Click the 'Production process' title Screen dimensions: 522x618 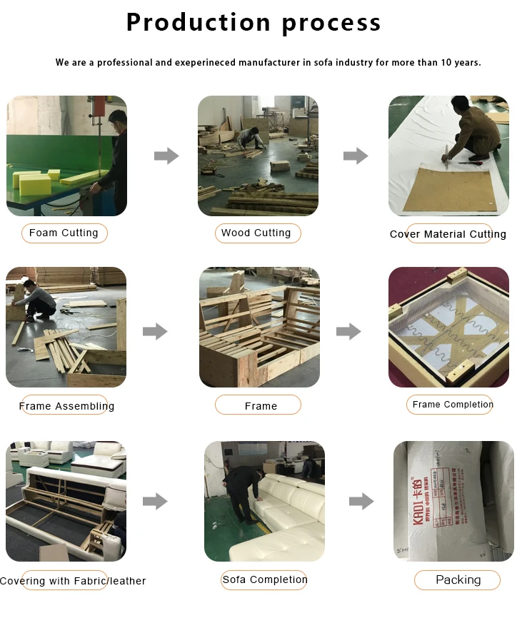[254, 22]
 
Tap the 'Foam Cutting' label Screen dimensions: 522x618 [64, 233]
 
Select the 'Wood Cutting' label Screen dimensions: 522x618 [256, 233]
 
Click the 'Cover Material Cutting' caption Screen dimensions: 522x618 [448, 234]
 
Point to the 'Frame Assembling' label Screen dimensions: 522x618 [66, 406]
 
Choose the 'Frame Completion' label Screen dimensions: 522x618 [453, 405]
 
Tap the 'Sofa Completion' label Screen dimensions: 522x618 [264, 579]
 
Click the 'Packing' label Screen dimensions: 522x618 [458, 580]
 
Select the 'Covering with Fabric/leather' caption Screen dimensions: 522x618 [73, 581]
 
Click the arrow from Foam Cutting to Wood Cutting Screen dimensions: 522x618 [166, 156]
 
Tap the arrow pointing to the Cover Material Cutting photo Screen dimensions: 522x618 [355, 156]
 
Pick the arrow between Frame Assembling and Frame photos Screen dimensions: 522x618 [155, 331]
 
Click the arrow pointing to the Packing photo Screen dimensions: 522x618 [361, 501]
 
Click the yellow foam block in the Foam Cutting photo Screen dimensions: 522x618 [36, 183]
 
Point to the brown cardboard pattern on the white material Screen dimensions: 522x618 [447, 189]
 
